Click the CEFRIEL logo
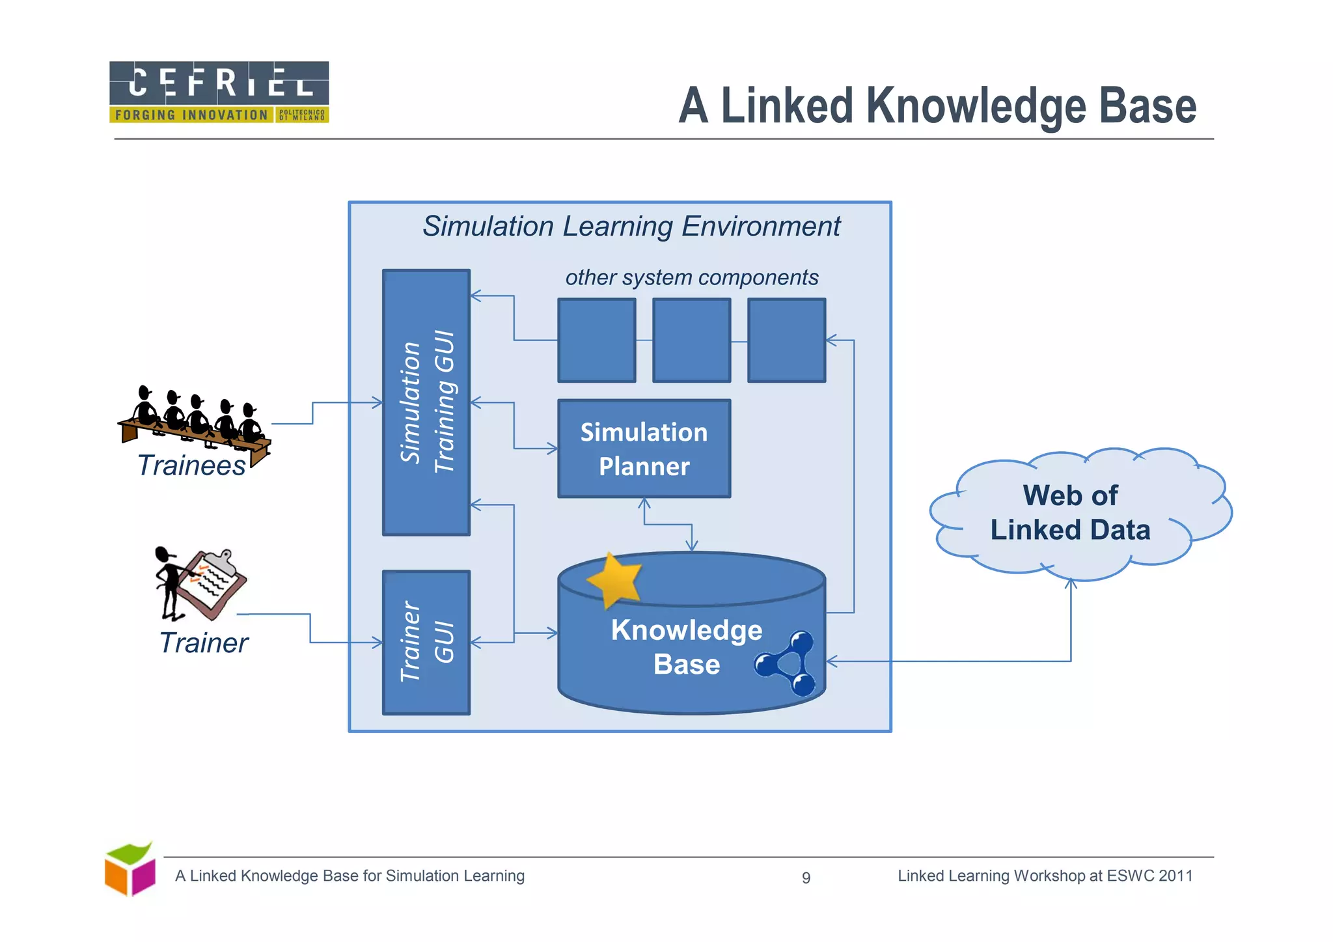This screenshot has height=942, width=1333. point(219,92)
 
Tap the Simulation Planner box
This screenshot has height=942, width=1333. point(644,449)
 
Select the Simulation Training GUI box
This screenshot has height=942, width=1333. point(426,402)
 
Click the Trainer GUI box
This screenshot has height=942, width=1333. point(426,642)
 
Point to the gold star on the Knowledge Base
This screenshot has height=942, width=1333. point(614,579)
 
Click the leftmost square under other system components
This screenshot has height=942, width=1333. point(597,340)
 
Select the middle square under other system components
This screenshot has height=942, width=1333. point(691,340)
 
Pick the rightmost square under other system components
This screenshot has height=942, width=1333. point(786,340)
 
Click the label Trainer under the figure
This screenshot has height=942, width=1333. point(204,643)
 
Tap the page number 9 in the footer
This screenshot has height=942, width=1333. point(806,878)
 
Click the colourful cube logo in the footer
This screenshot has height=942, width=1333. point(130,869)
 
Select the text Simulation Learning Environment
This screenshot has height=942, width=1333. point(631,227)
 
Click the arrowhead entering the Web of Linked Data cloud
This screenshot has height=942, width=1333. point(1071,583)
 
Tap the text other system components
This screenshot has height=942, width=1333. point(691,277)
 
